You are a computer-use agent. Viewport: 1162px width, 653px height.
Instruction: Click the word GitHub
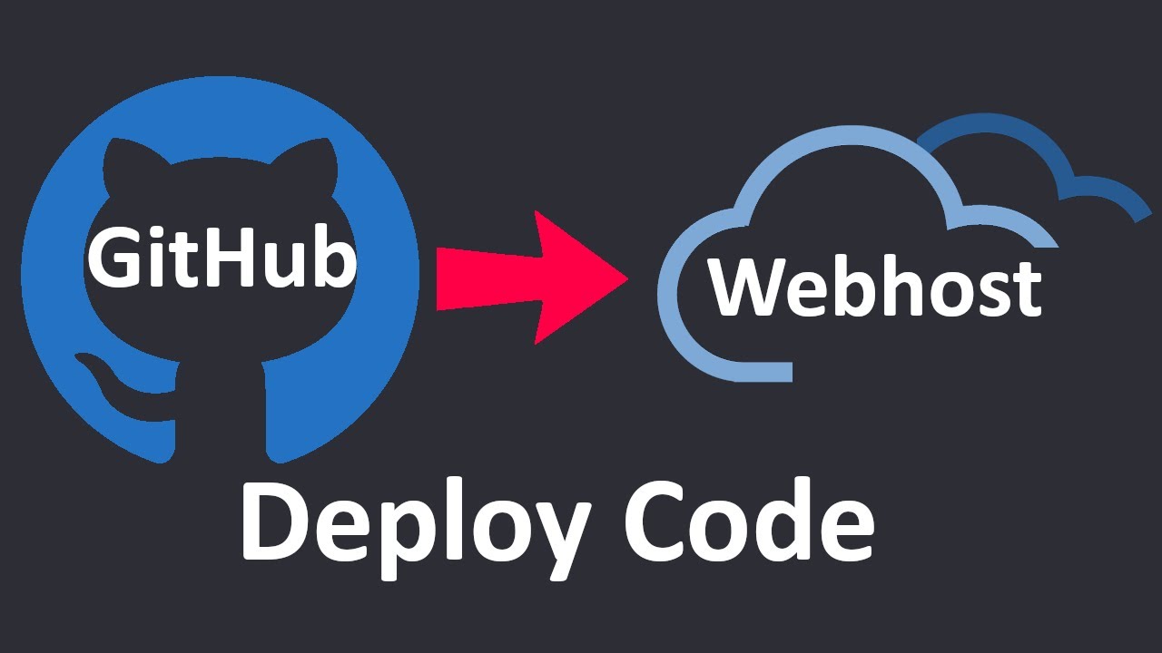[x=222, y=258]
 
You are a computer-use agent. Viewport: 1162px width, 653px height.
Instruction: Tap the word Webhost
[x=874, y=288]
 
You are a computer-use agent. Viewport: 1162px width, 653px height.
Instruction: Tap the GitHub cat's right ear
[x=318, y=163]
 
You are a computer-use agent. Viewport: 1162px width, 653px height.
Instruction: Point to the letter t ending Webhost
[x=1026, y=288]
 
